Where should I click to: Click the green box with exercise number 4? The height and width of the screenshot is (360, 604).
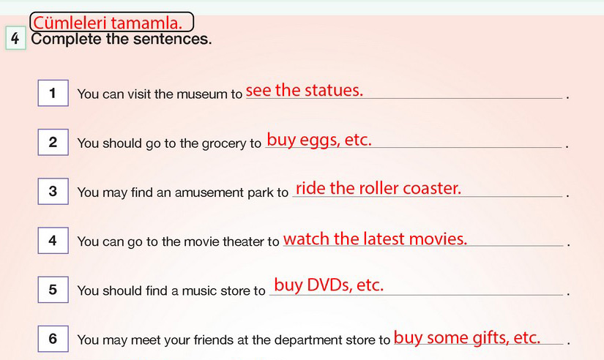(16, 38)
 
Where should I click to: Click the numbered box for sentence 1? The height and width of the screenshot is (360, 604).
(53, 93)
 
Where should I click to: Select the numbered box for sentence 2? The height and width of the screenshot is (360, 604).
(53, 142)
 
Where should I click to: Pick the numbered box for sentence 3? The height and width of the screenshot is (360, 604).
(53, 192)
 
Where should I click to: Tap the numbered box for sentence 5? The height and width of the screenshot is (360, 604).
(53, 290)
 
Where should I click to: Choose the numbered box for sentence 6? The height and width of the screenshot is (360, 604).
(53, 339)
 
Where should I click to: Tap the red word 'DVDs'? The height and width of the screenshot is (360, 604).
(329, 285)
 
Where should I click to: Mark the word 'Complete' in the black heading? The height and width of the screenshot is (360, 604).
(66, 40)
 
